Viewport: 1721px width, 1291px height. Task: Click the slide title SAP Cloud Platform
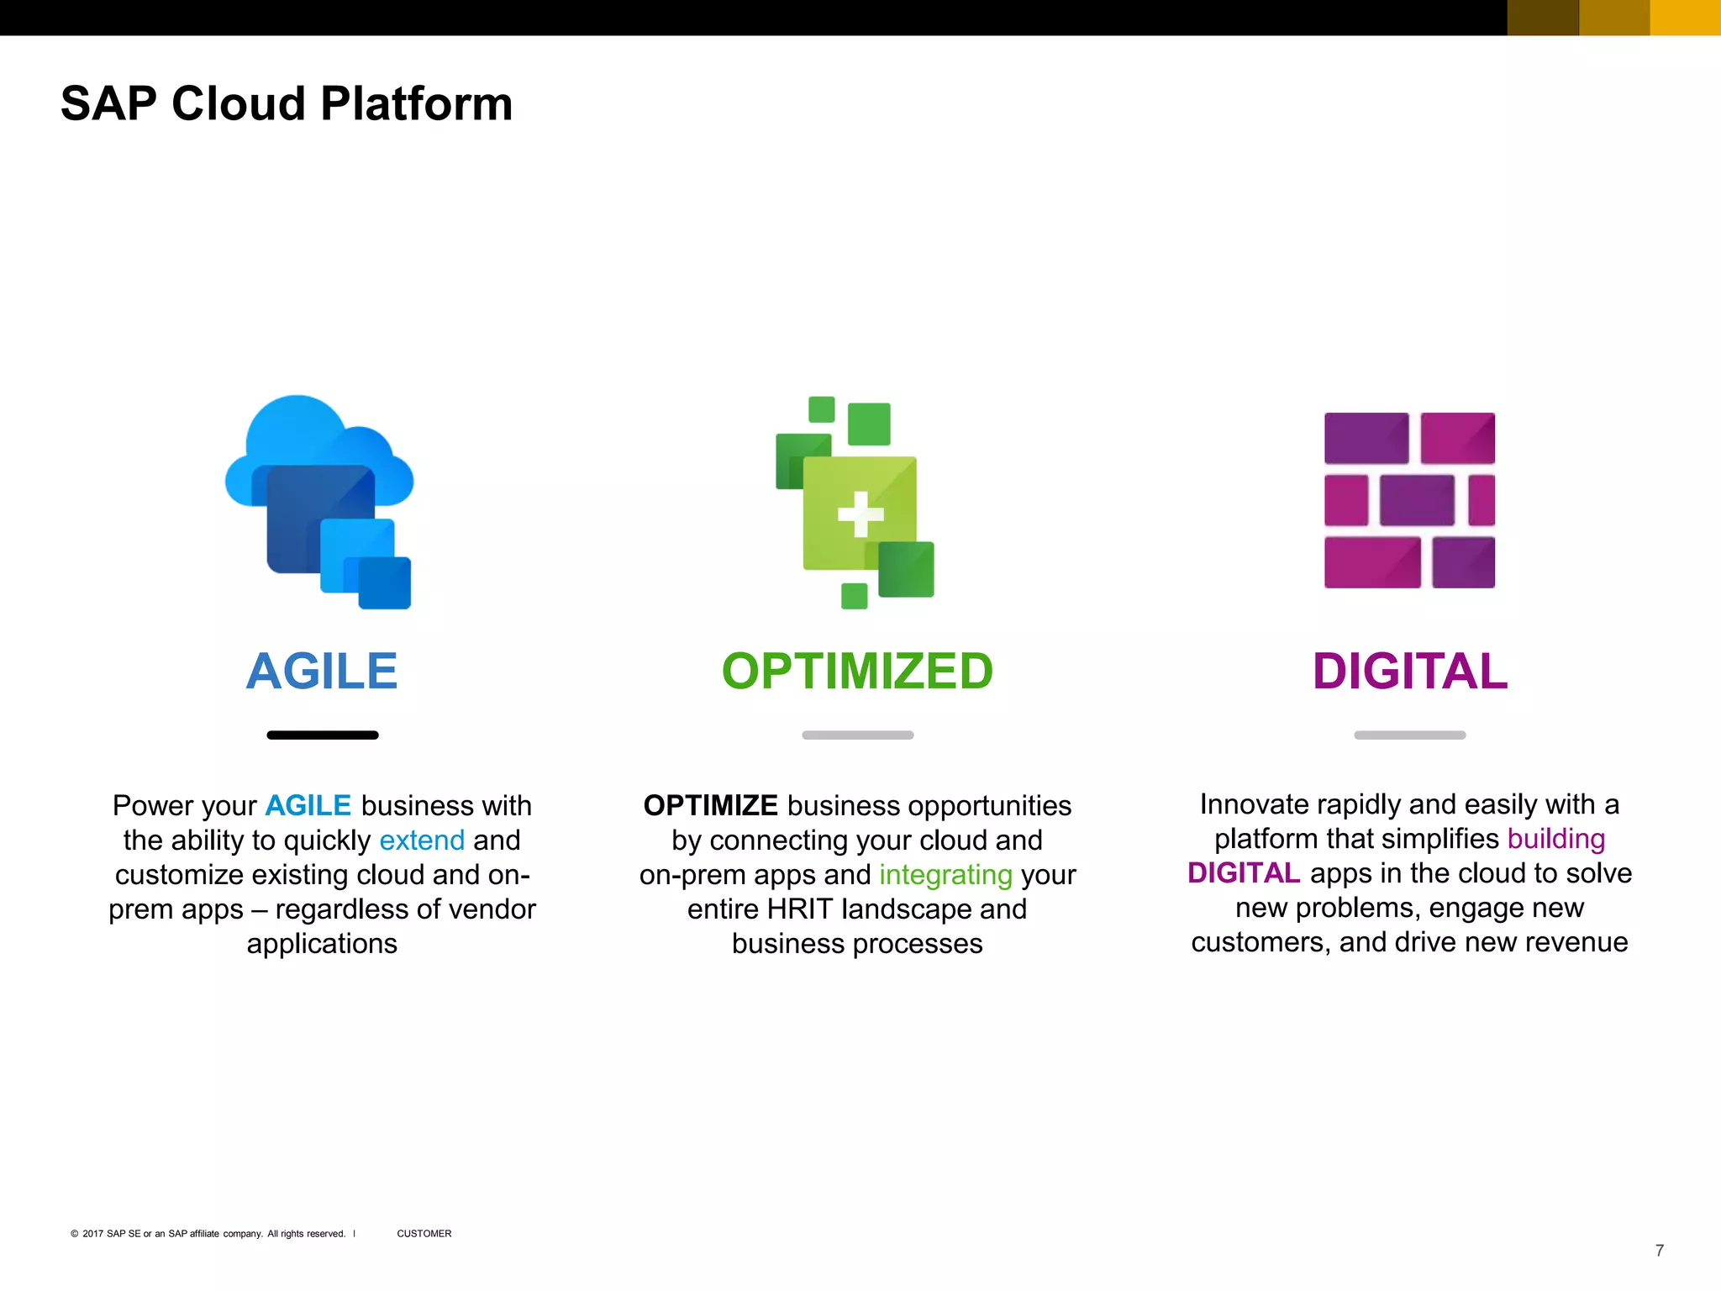287,104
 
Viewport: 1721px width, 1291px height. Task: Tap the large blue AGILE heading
322,672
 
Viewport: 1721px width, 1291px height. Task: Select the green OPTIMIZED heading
857,672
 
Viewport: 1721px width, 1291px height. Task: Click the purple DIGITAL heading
1410,672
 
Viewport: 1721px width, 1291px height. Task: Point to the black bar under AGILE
323,735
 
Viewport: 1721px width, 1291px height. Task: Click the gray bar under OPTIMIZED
857,735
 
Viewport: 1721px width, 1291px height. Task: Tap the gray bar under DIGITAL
1409,735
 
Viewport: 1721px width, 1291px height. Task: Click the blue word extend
422,840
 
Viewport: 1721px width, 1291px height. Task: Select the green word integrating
945,876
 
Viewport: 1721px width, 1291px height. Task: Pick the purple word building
1555,839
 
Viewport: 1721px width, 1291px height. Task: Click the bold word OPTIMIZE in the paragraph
710,806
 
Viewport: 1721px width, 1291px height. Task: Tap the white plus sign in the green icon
860,514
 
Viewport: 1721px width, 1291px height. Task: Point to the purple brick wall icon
1409,500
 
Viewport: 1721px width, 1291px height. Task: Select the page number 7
1659,1251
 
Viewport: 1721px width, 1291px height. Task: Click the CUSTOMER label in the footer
424,1234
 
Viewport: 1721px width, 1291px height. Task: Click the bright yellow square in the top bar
1685,18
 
